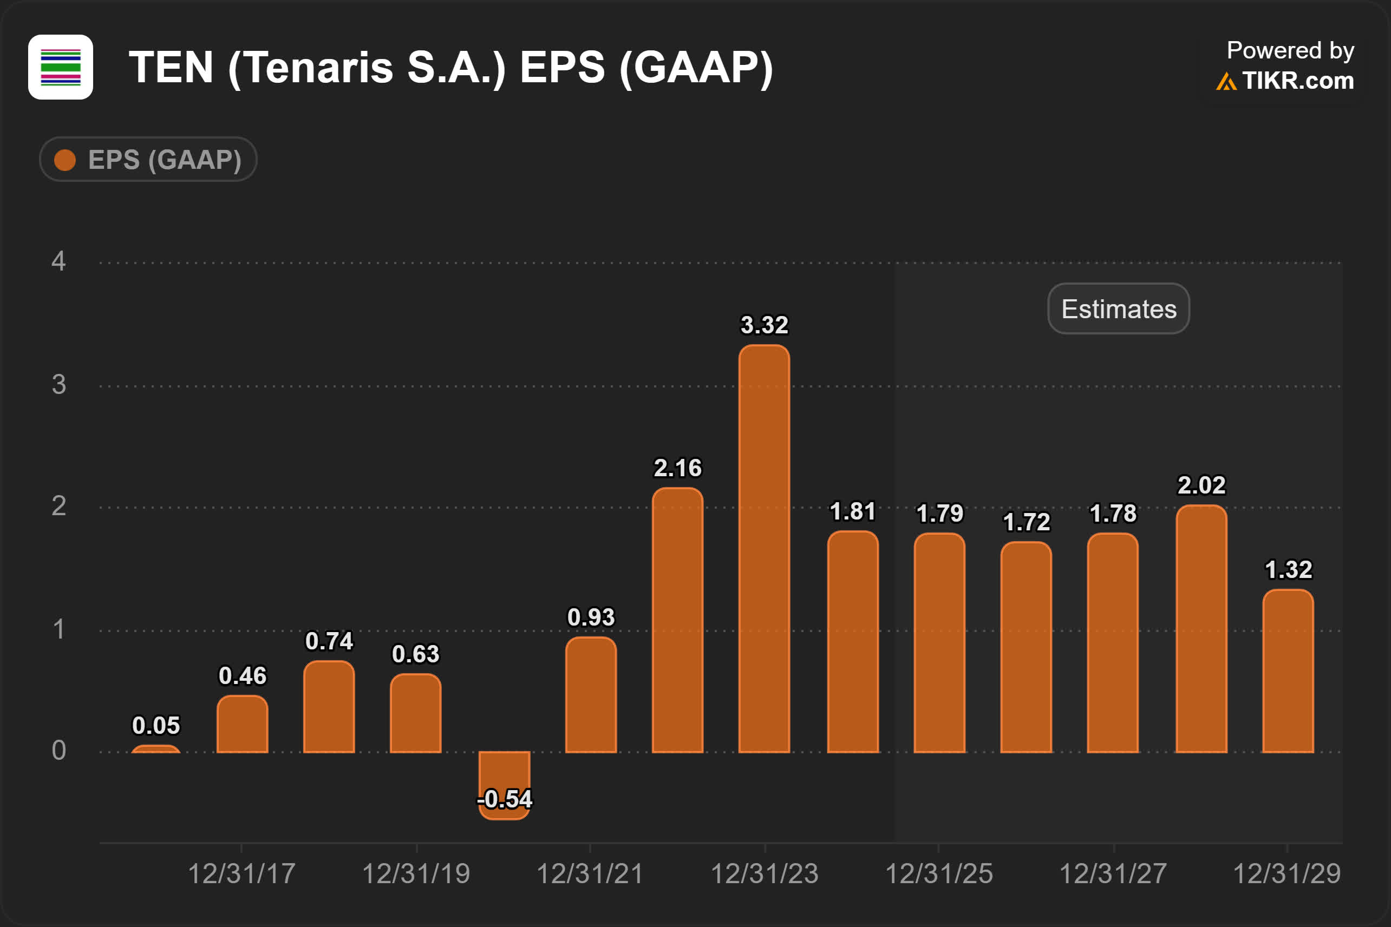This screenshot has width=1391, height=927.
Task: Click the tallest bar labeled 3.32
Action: (764, 550)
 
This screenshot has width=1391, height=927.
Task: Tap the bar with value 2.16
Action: (677, 621)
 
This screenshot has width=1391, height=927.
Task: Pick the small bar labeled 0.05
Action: (155, 749)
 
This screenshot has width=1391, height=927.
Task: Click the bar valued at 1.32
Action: (1288, 672)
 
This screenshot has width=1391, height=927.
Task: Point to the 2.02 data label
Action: (1201, 485)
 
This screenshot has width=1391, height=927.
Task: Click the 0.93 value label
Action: (591, 617)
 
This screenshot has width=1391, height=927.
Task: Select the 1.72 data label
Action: (1026, 522)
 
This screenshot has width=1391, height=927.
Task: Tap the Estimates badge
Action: (1118, 308)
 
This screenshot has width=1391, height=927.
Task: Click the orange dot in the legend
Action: (65, 160)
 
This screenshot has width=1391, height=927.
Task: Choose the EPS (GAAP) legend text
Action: (165, 160)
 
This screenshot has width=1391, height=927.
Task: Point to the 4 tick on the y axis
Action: (58, 261)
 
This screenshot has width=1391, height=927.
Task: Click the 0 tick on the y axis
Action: (58, 751)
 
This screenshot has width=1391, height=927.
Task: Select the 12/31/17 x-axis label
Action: (241, 874)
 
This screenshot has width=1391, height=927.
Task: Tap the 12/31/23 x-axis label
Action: (764, 874)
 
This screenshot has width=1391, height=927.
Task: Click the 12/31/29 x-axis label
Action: (1287, 874)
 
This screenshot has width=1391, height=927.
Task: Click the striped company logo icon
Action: (60, 67)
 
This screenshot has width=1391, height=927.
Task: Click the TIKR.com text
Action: (1297, 81)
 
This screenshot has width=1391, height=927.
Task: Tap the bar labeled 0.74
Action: (329, 707)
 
